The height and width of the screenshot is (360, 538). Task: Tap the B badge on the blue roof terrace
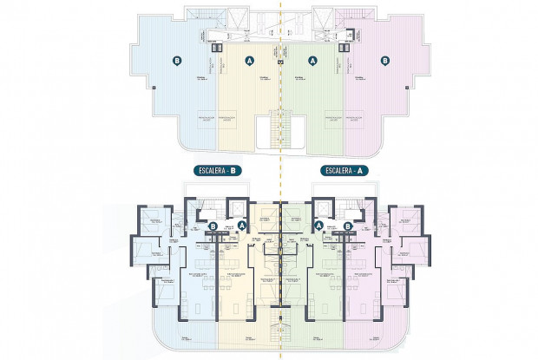pyautogui.click(x=177, y=62)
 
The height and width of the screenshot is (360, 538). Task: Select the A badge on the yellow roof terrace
pyautogui.click(x=250, y=62)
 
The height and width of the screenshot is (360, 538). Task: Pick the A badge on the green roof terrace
pyautogui.click(x=312, y=62)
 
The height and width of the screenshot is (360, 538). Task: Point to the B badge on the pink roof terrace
pyautogui.click(x=384, y=62)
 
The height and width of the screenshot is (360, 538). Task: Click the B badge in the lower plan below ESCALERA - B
pyautogui.click(x=213, y=226)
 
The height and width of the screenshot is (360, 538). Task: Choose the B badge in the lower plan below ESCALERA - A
pyautogui.click(x=348, y=226)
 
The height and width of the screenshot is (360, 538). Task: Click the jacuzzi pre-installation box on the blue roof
pyautogui.click(x=204, y=115)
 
